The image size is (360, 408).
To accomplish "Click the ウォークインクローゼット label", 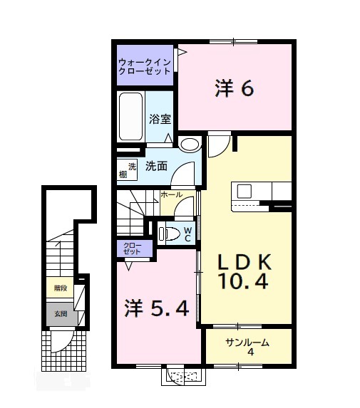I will pos(145,66).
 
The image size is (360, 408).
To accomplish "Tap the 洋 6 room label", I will pos(234,88).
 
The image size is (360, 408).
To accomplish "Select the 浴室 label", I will pos(160,120).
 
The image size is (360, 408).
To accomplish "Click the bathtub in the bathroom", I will pos(131,116).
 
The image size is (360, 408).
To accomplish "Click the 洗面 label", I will pos(156,167).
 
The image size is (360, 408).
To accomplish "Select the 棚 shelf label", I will pos(123,175).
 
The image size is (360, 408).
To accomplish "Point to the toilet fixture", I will pos(169,232).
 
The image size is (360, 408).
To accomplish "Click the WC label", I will pos(187,234).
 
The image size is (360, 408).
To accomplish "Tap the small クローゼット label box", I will pos(135,249).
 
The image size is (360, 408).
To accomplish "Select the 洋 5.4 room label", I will pos(157,309).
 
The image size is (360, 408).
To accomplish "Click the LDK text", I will pos(244,261).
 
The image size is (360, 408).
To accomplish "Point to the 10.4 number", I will pos(244,283).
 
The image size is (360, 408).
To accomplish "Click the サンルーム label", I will pos(247,342).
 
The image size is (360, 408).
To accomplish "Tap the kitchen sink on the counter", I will pos(244,191).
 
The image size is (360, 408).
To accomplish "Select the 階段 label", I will pos(60,288).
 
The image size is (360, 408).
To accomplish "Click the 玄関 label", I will pos(60,313).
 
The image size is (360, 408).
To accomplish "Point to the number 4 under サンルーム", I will pos(250,353).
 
